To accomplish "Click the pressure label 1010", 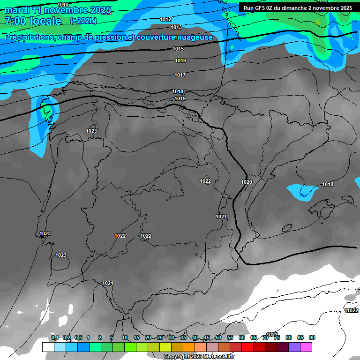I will coord(69,5).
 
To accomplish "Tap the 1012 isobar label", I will coord(165,19).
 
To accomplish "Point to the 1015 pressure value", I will coord(178,49).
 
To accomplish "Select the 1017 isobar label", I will coord(180,75).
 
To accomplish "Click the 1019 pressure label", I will coord(180,98).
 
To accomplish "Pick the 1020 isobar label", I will coord(247,182).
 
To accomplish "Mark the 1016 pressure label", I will coord(180,60).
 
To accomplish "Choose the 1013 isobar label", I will coord(177,27).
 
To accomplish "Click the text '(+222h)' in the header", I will coord(83,21).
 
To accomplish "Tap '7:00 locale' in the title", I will coord(33,21).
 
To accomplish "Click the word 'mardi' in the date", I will coord(17,10).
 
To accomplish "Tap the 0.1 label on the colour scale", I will coord(55,337).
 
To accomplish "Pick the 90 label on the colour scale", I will coord(312,337).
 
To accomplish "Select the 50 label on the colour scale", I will coord(218,337).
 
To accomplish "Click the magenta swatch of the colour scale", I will coord(306,347).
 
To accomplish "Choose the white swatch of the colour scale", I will coord(48,347).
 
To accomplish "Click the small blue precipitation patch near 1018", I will coord(300,192).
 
